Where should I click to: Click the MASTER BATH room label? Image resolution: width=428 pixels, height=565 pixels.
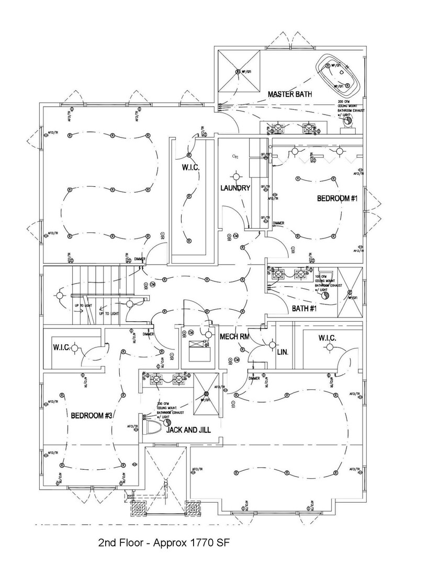pyautogui.click(x=289, y=95)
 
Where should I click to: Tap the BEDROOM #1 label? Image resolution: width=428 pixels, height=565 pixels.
pyautogui.click(x=336, y=199)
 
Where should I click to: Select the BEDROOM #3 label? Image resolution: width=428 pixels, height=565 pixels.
pyautogui.click(x=92, y=415)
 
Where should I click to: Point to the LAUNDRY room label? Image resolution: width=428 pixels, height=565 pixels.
pyautogui.click(x=235, y=188)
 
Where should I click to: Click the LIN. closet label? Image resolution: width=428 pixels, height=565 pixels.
pyautogui.click(x=283, y=352)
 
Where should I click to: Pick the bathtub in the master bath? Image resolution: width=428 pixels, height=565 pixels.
pyautogui.click(x=337, y=73)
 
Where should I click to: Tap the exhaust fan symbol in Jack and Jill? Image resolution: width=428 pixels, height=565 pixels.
pyautogui.click(x=168, y=421)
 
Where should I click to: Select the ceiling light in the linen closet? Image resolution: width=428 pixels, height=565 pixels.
pyautogui.click(x=272, y=344)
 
